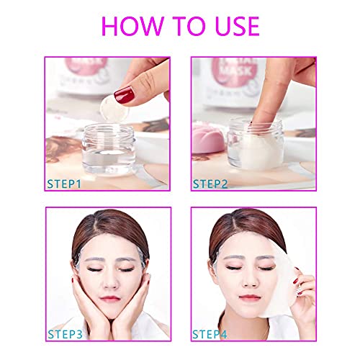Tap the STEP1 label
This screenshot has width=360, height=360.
pyautogui.click(x=63, y=184)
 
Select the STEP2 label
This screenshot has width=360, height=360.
pyautogui.click(x=210, y=184)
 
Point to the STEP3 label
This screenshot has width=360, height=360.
pyautogui.click(x=63, y=334)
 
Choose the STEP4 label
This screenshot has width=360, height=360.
pyautogui.click(x=210, y=334)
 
